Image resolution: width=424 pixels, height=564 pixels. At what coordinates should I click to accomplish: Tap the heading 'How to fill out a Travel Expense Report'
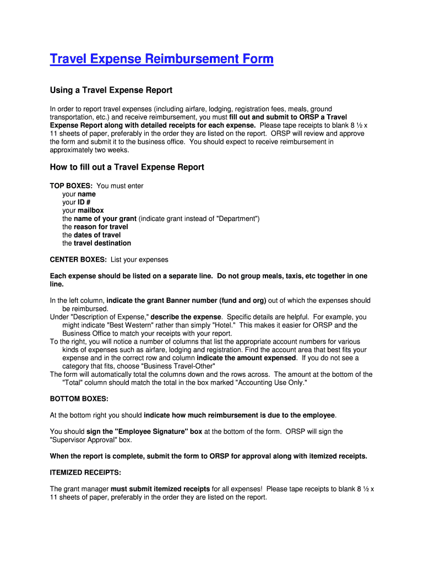[x=127, y=167]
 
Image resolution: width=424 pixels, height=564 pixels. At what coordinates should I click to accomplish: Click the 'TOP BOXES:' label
[x=71, y=186]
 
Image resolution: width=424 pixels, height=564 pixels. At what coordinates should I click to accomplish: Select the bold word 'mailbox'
[x=90, y=210]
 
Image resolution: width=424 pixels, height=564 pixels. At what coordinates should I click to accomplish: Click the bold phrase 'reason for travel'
[x=101, y=227]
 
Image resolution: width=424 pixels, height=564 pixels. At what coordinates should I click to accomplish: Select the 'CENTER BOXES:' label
[x=78, y=259]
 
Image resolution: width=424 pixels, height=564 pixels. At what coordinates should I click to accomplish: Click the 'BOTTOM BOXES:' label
[x=79, y=398]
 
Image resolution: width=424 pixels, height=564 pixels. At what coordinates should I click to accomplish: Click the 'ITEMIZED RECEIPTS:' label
[x=85, y=473]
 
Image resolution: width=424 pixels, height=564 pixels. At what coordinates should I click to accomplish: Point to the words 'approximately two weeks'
[x=89, y=150]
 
